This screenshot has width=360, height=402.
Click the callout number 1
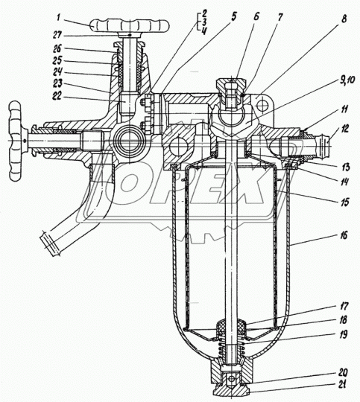(x=59, y=18)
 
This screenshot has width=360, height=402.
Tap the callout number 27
(x=57, y=35)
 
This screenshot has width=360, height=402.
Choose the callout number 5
(x=233, y=16)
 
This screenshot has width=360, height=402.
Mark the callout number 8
(x=344, y=19)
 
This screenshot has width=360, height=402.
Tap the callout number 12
(x=345, y=129)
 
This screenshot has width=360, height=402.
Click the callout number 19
(x=343, y=334)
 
